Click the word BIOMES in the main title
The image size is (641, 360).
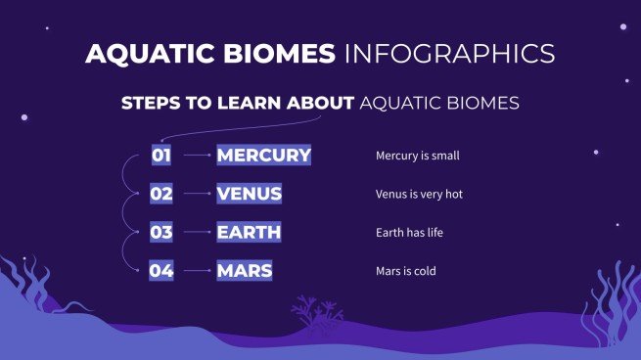(276, 53)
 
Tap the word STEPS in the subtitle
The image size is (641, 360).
(150, 103)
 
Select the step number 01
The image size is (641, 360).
(161, 155)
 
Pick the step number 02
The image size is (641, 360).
(161, 194)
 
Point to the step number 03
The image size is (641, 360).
(161, 232)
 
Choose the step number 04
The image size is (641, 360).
(161, 271)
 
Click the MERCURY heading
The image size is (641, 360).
(263, 155)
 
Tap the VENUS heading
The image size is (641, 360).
(249, 194)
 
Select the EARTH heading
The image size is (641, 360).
(249, 232)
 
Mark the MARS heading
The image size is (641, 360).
(245, 271)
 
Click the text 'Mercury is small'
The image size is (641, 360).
(418, 156)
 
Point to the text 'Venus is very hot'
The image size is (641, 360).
(419, 194)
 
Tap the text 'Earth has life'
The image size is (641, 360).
(411, 233)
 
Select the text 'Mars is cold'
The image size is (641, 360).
(406, 271)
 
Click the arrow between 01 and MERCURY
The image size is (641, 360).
(196, 155)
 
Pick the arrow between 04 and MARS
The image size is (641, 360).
(196, 271)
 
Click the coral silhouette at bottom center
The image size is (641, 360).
(315, 312)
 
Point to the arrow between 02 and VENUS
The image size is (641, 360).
(196, 194)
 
